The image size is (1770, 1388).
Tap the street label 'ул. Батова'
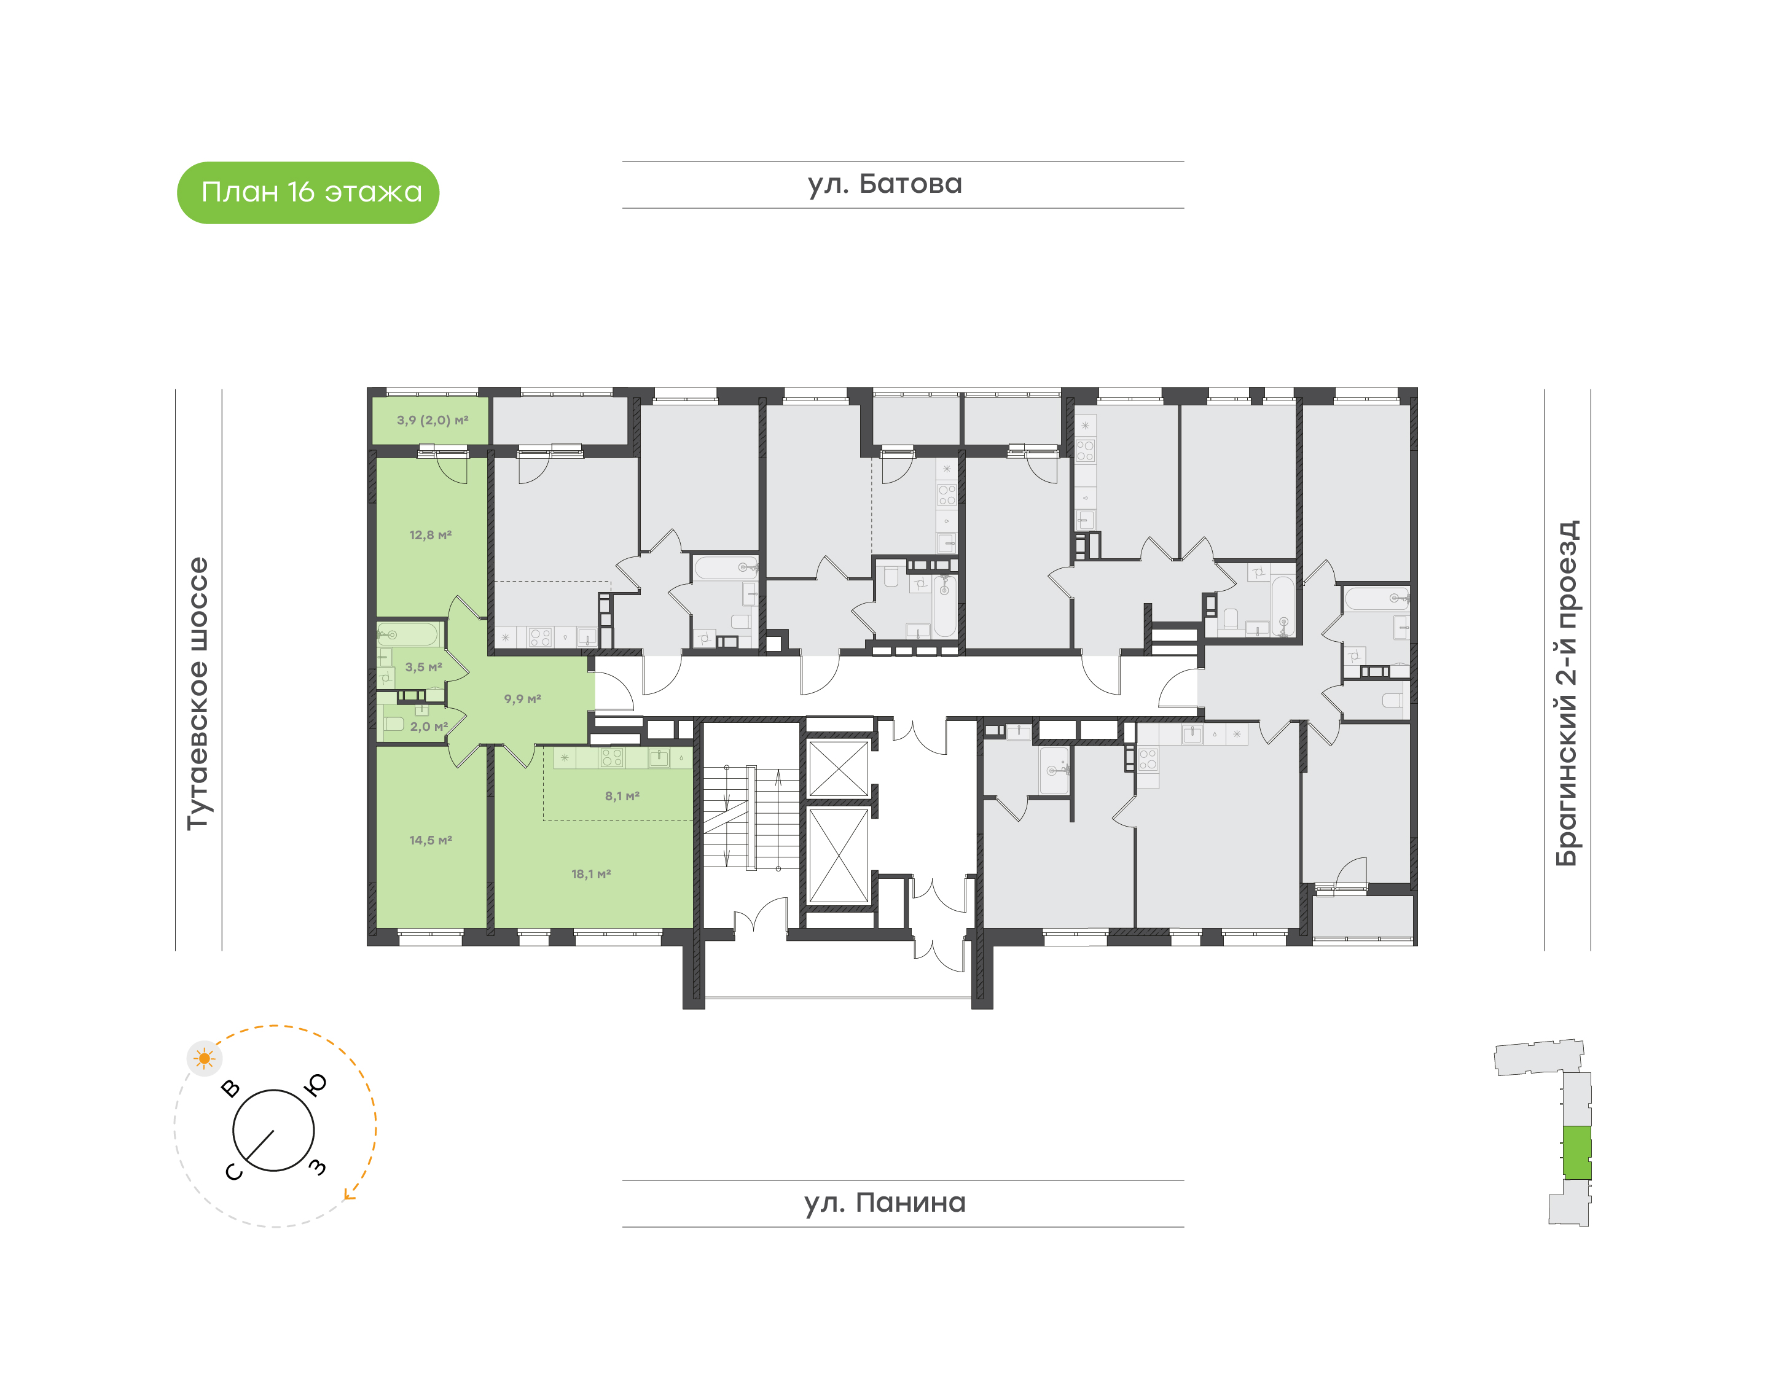884,184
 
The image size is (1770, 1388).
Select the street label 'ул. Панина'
884,1203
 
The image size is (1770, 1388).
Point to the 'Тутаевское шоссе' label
198,693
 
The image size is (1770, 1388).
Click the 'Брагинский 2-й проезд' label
1566,693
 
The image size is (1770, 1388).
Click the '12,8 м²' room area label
430,536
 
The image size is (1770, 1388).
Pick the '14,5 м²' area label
430,840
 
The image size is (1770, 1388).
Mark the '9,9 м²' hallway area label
522,699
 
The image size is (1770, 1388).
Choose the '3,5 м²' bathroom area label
423,667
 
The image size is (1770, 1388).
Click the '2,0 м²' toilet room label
428,727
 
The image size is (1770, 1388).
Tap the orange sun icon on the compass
204,1059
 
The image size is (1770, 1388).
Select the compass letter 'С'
233,1172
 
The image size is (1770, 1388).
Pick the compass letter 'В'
231,1089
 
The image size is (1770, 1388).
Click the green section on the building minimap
1577,1152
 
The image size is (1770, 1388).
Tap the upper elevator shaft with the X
838,769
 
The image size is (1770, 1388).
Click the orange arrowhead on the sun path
350,1194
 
